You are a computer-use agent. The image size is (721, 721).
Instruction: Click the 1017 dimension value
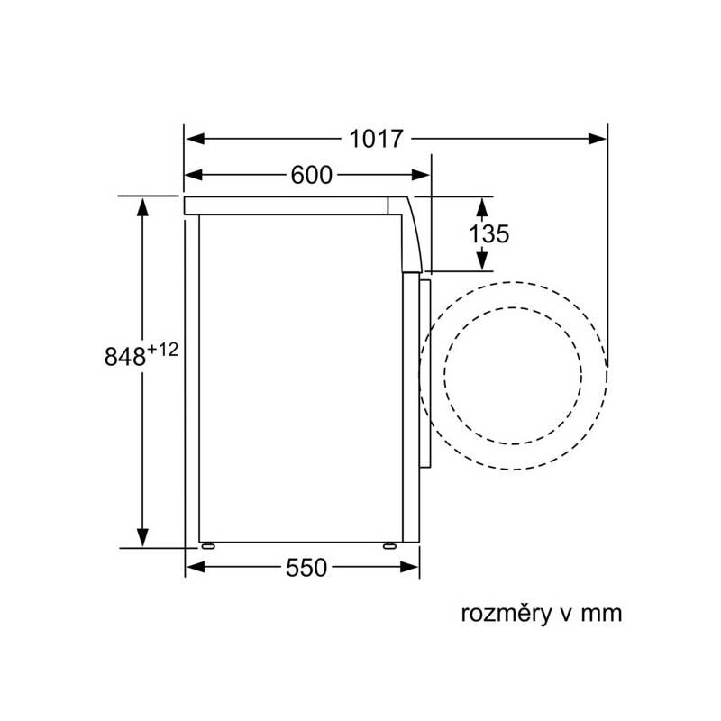coord(376,139)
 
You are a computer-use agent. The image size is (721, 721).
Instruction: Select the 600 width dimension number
coord(311,175)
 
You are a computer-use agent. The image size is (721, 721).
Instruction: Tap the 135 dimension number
coord(488,233)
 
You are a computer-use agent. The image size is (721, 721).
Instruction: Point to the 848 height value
coord(125,356)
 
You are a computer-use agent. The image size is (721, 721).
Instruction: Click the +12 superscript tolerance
coord(162,350)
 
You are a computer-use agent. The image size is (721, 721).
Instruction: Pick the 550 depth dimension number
coord(306,568)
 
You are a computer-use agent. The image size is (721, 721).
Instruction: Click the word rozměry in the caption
coord(506,614)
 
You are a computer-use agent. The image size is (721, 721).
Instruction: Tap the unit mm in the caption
coord(601,615)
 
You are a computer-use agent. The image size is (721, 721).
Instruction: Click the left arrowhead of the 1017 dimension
coord(195,139)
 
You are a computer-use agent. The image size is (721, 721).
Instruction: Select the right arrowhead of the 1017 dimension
coord(598,139)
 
